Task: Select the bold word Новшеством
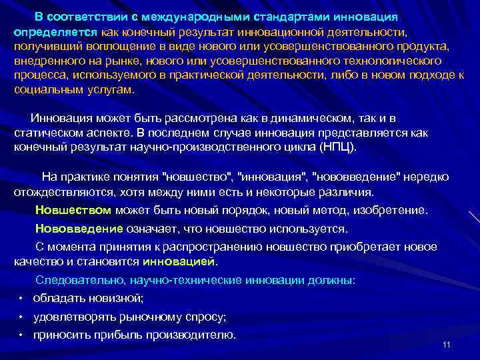[73, 211]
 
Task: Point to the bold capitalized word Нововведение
[79, 229]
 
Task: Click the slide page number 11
[447, 345]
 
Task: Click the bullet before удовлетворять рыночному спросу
[22, 317]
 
